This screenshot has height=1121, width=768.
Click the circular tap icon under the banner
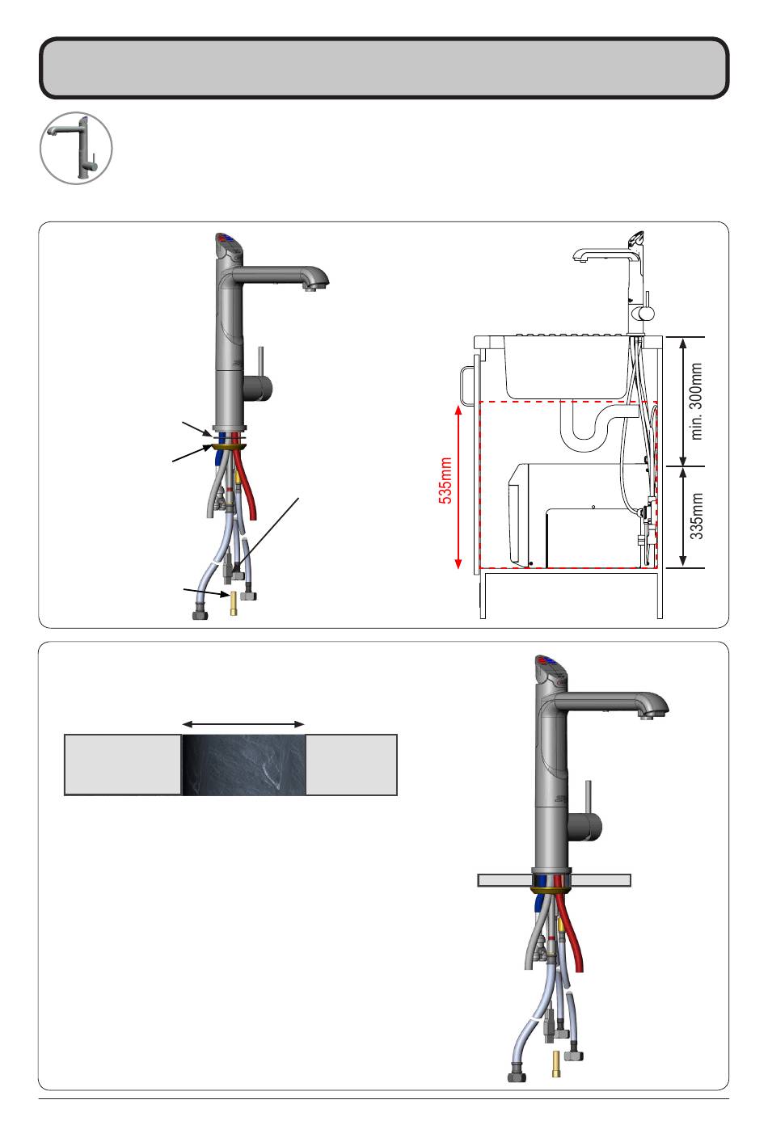point(76,148)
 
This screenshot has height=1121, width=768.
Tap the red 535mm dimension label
point(445,480)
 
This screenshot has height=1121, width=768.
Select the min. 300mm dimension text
point(696,402)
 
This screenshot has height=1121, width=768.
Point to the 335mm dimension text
point(696,516)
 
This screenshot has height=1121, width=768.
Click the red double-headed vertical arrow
point(458,487)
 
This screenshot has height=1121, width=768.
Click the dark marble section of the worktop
point(243,765)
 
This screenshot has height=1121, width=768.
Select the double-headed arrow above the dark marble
point(243,724)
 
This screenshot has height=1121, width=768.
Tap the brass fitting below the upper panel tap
point(234,604)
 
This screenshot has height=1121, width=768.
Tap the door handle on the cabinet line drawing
point(465,386)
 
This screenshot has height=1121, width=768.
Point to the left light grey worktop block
point(123,765)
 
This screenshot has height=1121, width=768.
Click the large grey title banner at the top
point(384,68)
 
